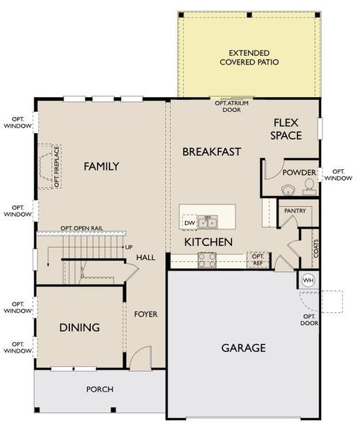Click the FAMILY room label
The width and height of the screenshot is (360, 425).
click(101, 166)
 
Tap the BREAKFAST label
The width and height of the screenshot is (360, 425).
click(212, 152)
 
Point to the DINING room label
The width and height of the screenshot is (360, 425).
click(79, 328)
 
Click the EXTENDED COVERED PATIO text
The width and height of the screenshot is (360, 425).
click(249, 57)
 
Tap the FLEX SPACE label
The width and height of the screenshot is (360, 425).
click(287, 129)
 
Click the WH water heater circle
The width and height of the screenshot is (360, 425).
click(308, 280)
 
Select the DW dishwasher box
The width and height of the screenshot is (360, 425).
click(189, 223)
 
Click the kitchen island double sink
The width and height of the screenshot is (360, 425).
click(207, 223)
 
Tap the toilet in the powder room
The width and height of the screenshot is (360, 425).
click(308, 187)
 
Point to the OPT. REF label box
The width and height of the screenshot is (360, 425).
click(258, 260)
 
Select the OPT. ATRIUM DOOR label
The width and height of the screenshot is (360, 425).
click(232, 106)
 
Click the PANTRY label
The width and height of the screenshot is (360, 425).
click(295, 211)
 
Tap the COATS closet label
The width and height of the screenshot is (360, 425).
click(315, 248)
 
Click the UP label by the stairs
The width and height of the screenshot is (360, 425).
click(128, 247)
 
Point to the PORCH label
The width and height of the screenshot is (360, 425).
click(100, 389)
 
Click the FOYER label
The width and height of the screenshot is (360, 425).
click(146, 314)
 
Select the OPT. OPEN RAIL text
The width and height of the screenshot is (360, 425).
click(81, 228)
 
